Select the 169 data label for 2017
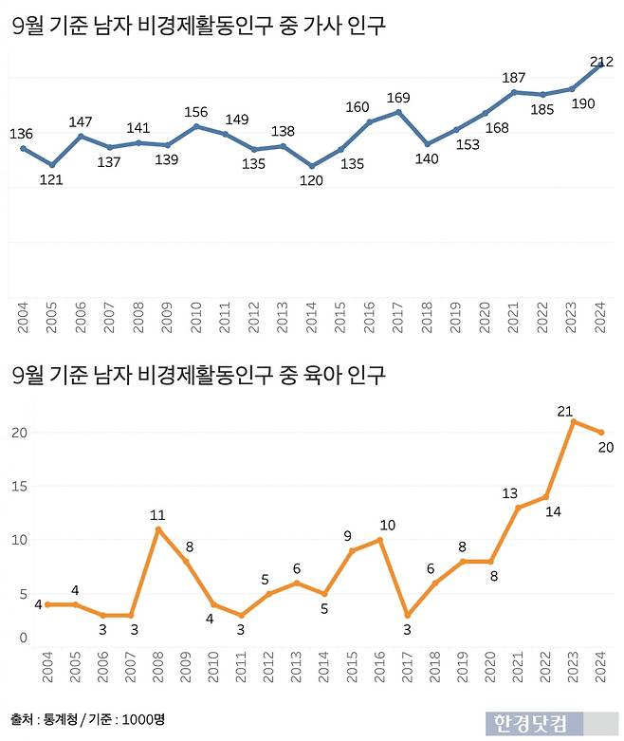pyautogui.click(x=399, y=97)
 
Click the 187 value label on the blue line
pyautogui.click(x=514, y=78)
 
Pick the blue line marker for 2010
pyautogui.click(x=196, y=126)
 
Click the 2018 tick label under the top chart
pyautogui.click(x=428, y=317)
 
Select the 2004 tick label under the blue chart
pyautogui.click(x=22, y=317)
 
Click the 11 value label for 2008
pyautogui.click(x=157, y=515)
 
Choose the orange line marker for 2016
pyautogui.click(x=379, y=540)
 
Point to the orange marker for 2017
pyautogui.click(x=407, y=615)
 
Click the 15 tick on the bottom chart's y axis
pyautogui.click(x=22, y=487)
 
